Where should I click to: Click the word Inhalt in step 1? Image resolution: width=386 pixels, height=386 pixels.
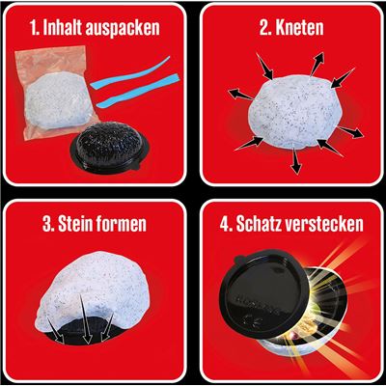pos(63,28)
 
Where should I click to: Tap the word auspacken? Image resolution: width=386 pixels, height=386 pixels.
pos(123,29)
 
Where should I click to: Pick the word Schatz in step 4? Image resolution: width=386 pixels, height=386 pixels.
pos(258,224)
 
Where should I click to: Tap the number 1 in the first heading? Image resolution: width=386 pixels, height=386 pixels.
pos(34,28)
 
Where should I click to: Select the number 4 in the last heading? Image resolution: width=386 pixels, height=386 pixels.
pos(224,224)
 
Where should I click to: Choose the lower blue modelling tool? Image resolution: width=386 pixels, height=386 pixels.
pos(138,93)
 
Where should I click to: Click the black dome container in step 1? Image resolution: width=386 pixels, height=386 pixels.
pos(110,147)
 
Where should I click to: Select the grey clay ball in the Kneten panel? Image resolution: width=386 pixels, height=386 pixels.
pos(295,112)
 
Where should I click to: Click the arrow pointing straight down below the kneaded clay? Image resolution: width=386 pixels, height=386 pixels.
pos(296,160)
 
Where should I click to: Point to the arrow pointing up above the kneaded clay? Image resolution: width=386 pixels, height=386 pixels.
pos(317,64)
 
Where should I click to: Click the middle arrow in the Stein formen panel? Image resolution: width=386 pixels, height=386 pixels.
pos(85,319)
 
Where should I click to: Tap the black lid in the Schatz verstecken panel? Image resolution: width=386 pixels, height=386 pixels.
pos(262,293)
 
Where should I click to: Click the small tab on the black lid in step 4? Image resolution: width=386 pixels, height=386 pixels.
pos(242,258)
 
